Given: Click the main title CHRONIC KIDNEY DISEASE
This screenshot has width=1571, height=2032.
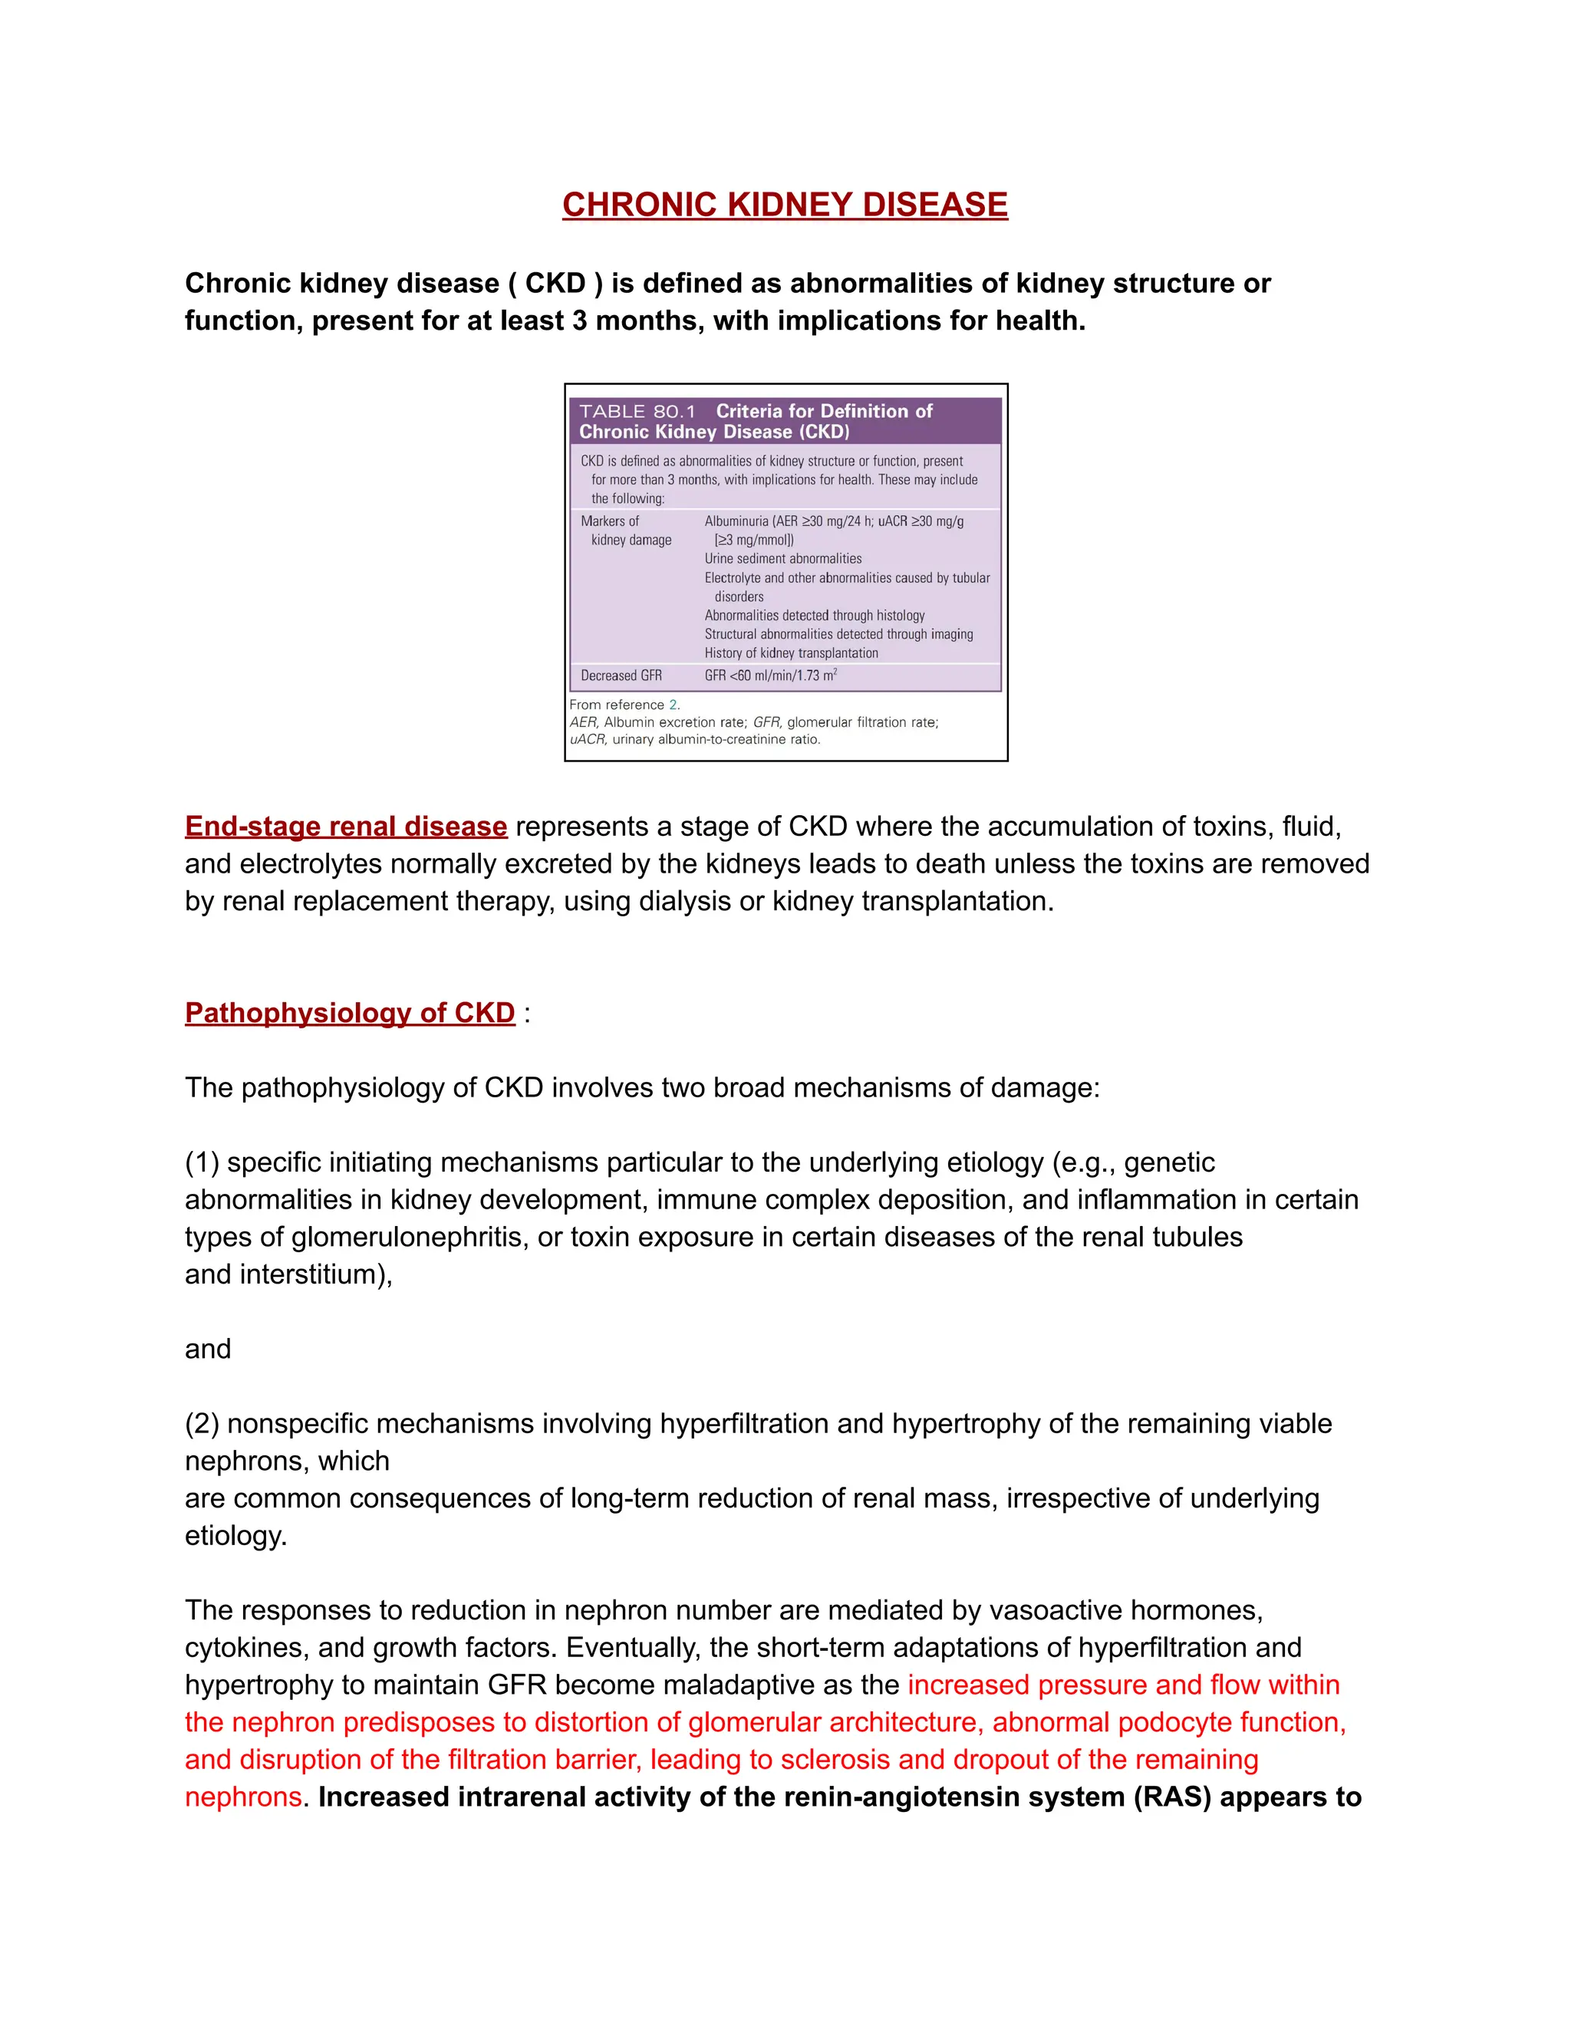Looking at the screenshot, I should pyautogui.click(x=785, y=205).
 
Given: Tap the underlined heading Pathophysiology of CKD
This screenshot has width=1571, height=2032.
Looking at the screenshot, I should pyautogui.click(x=349, y=1012).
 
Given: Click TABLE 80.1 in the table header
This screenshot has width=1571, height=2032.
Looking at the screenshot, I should pyautogui.click(x=637, y=411).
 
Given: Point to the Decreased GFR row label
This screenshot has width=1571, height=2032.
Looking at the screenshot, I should pyautogui.click(x=621, y=676).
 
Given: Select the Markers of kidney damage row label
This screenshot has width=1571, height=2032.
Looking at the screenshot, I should pyautogui.click(x=625, y=531).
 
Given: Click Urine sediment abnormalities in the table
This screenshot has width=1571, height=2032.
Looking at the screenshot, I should pyautogui.click(x=782, y=558).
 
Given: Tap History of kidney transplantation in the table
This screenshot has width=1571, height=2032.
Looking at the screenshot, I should pyautogui.click(x=791, y=653).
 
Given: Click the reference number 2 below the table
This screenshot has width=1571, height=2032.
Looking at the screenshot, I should pyautogui.click(x=673, y=705).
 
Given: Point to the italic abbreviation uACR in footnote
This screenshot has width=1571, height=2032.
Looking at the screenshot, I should pyautogui.click(x=588, y=740).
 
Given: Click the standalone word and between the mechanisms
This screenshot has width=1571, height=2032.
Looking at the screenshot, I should pyautogui.click(x=208, y=1349).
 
